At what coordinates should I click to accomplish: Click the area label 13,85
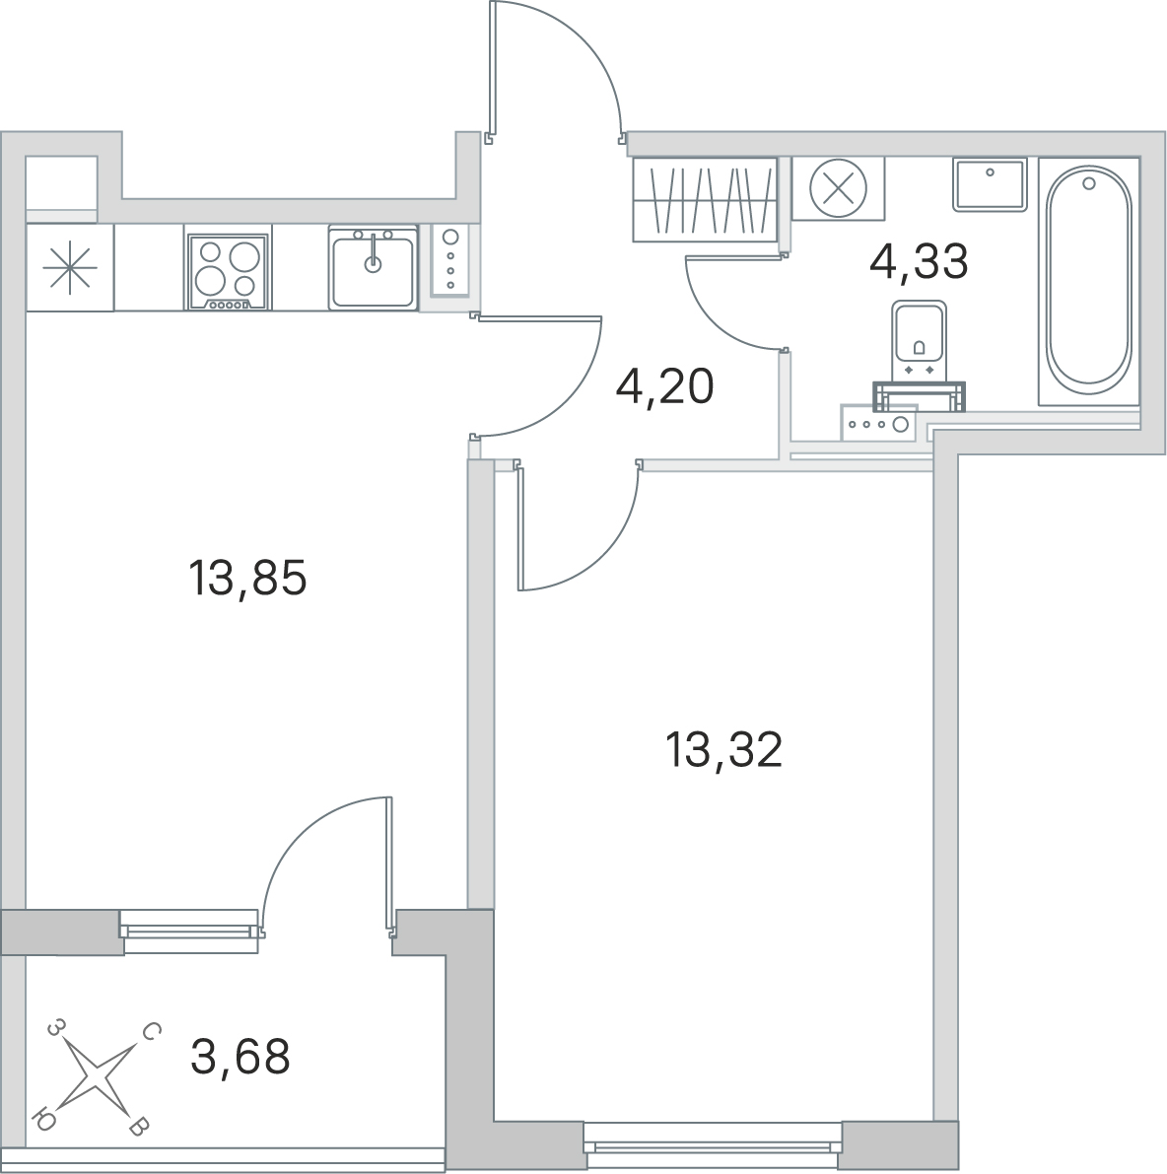pos(247,580)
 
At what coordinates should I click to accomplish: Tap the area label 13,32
pos(723,750)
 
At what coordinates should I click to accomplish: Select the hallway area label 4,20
pos(664,387)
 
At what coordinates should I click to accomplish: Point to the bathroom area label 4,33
pos(920,261)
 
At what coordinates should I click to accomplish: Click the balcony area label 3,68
pos(240,1057)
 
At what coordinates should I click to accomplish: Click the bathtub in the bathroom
pos(1088,282)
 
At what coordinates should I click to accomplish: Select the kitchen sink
pos(373,268)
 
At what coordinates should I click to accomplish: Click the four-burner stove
pos(229,272)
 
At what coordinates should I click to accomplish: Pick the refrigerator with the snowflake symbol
pos(70,268)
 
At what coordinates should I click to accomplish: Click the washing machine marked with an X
pos(838,188)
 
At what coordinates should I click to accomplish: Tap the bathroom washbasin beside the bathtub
pos(989,183)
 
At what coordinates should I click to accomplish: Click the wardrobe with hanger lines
pos(705,199)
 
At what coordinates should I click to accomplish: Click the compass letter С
pos(149,1033)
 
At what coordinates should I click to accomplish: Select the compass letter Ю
pos(44,1120)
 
